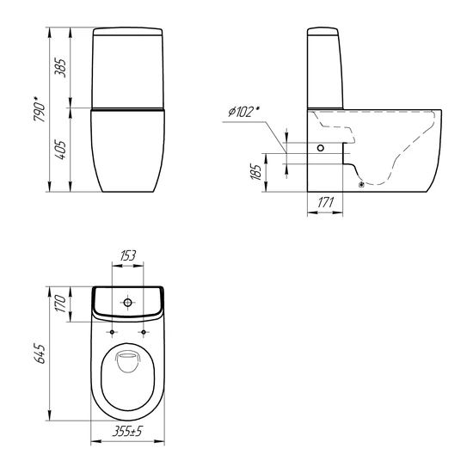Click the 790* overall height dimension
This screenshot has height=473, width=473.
[40, 109]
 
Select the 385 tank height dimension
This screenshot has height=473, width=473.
[60, 68]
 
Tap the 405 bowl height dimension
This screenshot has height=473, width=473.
[60, 150]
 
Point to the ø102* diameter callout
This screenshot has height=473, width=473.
[243, 112]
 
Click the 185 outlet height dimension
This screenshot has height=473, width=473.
[256, 172]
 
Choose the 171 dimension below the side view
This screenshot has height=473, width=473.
[326, 202]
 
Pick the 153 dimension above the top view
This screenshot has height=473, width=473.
[128, 255]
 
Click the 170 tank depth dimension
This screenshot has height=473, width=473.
[60, 304]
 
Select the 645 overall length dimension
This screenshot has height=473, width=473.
[40, 353]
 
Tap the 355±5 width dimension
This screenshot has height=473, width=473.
[127, 432]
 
